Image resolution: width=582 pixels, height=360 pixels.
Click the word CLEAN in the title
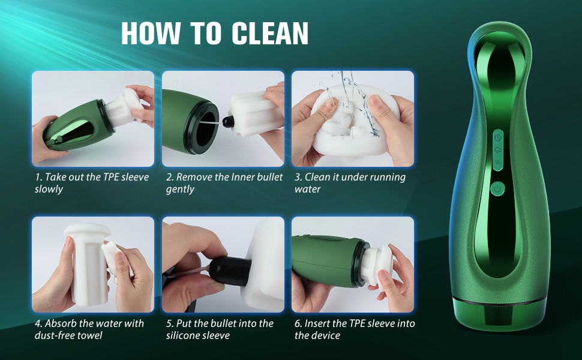[x=270, y=34]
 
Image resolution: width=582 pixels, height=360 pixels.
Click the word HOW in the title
[x=151, y=34]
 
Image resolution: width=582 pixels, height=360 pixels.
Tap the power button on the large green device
[x=497, y=189]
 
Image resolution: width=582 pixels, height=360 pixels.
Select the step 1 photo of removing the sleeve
[x=93, y=119]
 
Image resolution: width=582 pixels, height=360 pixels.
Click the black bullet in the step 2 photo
[x=227, y=121]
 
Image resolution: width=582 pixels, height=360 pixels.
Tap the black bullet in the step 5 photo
[x=230, y=271]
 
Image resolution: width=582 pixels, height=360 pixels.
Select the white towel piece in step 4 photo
[x=115, y=258]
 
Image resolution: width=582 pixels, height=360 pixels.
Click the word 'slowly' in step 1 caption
[x=49, y=189]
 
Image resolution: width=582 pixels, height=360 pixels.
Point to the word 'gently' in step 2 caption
[x=180, y=189]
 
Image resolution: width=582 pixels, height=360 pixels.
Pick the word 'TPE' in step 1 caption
[x=110, y=177]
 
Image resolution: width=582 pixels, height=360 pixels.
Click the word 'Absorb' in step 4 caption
[x=60, y=323]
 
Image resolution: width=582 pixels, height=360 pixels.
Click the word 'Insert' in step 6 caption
[x=317, y=323]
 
